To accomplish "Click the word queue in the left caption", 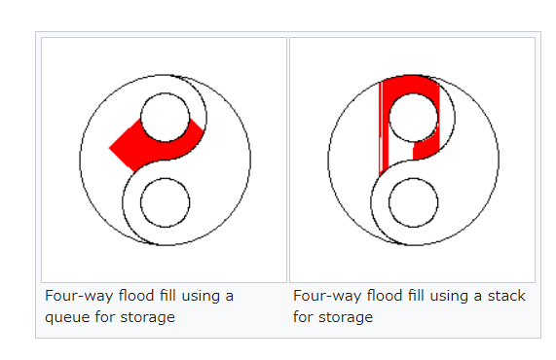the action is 66,317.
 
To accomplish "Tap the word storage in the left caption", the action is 147,317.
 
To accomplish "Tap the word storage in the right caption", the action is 346,317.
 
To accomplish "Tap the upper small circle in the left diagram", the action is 166,93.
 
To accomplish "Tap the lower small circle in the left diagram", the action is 166,178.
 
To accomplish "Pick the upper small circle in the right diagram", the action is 414,93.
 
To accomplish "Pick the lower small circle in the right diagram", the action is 414,178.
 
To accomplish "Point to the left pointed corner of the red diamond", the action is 109,148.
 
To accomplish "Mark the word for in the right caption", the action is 303,317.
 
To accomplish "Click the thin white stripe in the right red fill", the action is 382,127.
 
